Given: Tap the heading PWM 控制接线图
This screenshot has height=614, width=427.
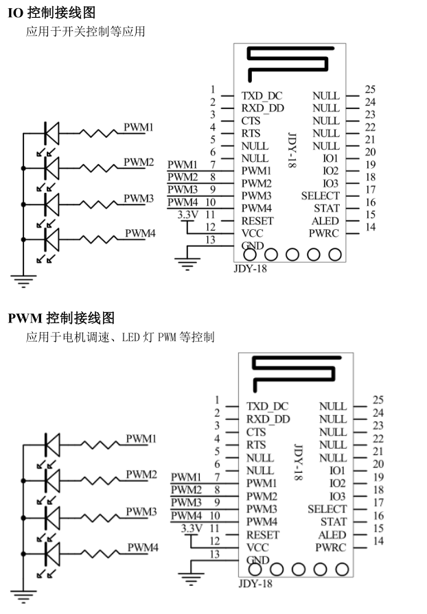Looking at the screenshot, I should (61, 318).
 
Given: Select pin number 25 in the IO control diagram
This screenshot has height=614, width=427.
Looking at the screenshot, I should (370, 90).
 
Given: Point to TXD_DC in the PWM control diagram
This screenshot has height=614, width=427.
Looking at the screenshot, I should (268, 406).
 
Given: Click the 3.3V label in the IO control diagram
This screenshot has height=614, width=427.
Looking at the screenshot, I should (186, 215).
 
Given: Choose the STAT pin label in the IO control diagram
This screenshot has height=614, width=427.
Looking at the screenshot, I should (327, 209).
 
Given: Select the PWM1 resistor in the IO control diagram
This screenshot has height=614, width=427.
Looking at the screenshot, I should (100, 132).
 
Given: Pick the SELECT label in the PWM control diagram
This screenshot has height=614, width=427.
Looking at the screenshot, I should (327, 509).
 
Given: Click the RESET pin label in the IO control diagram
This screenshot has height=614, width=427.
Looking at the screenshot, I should (257, 221).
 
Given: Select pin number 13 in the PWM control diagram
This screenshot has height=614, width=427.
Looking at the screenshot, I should (215, 554).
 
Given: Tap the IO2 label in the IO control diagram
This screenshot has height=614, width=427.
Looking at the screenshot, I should (330, 170).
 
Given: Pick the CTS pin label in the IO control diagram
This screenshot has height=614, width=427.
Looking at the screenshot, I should (251, 121).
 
